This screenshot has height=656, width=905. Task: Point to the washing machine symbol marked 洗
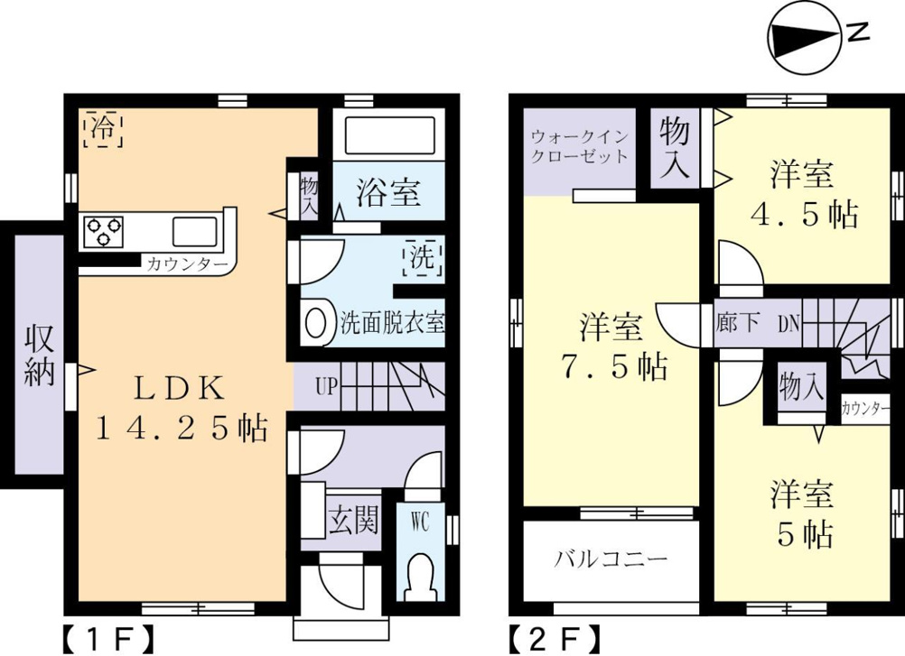click(x=423, y=257)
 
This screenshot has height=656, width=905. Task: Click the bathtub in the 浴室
click(x=389, y=134)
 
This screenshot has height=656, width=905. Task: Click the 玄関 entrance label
click(x=353, y=520)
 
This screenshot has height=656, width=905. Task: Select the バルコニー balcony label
click(x=611, y=559)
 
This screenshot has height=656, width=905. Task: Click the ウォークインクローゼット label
click(x=579, y=147)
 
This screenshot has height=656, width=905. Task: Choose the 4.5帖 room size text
click(x=804, y=215)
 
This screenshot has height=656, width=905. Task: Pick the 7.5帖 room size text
click(x=614, y=366)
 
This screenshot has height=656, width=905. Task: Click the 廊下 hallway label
click(x=737, y=322)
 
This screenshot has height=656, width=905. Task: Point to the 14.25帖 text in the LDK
click(x=182, y=429)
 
